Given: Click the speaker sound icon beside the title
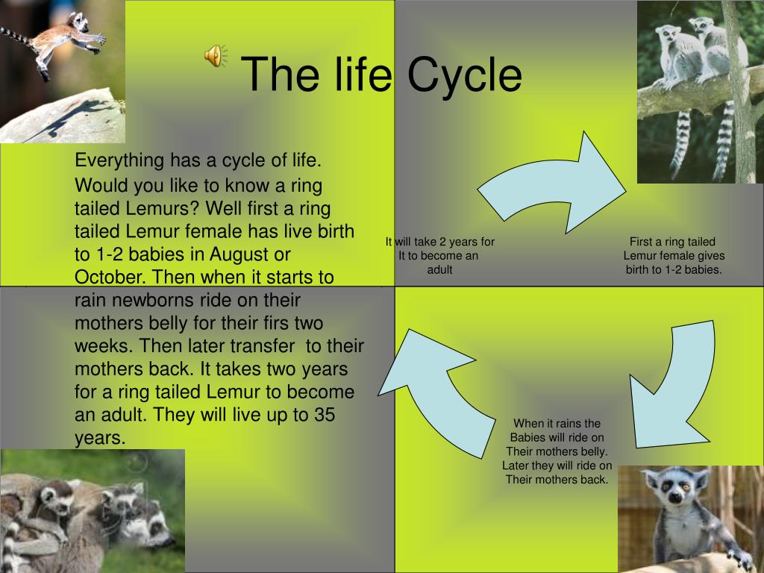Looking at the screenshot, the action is (x=216, y=55).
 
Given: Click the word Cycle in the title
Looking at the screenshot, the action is (x=464, y=75).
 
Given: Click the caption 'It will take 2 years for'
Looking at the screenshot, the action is (x=440, y=242).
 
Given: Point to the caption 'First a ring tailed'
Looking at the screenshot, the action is (x=672, y=242).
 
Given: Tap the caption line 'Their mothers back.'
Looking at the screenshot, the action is (x=557, y=480).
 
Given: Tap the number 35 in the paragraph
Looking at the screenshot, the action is (x=325, y=415).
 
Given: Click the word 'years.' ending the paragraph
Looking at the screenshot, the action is (x=100, y=438).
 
